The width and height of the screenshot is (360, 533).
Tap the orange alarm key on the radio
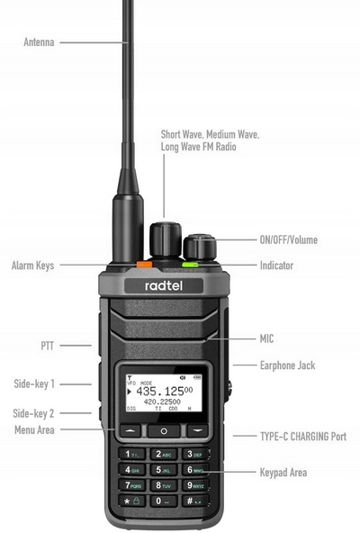(142, 265)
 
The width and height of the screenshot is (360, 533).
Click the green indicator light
(190, 265)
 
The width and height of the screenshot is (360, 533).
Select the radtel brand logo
(164, 285)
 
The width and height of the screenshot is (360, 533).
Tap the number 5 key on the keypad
(164, 469)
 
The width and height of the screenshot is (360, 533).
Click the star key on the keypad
(132, 500)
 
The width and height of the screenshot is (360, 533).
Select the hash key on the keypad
(195, 500)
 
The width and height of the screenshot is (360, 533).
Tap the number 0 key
(164, 500)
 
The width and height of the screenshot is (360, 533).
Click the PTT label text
(48, 345)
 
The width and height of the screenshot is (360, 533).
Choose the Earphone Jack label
(287, 366)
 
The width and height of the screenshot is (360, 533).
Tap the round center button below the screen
(164, 431)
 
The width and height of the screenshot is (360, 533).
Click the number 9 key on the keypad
(195, 484)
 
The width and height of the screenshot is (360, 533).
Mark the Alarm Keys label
(32, 266)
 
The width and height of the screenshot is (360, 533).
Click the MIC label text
(265, 339)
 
